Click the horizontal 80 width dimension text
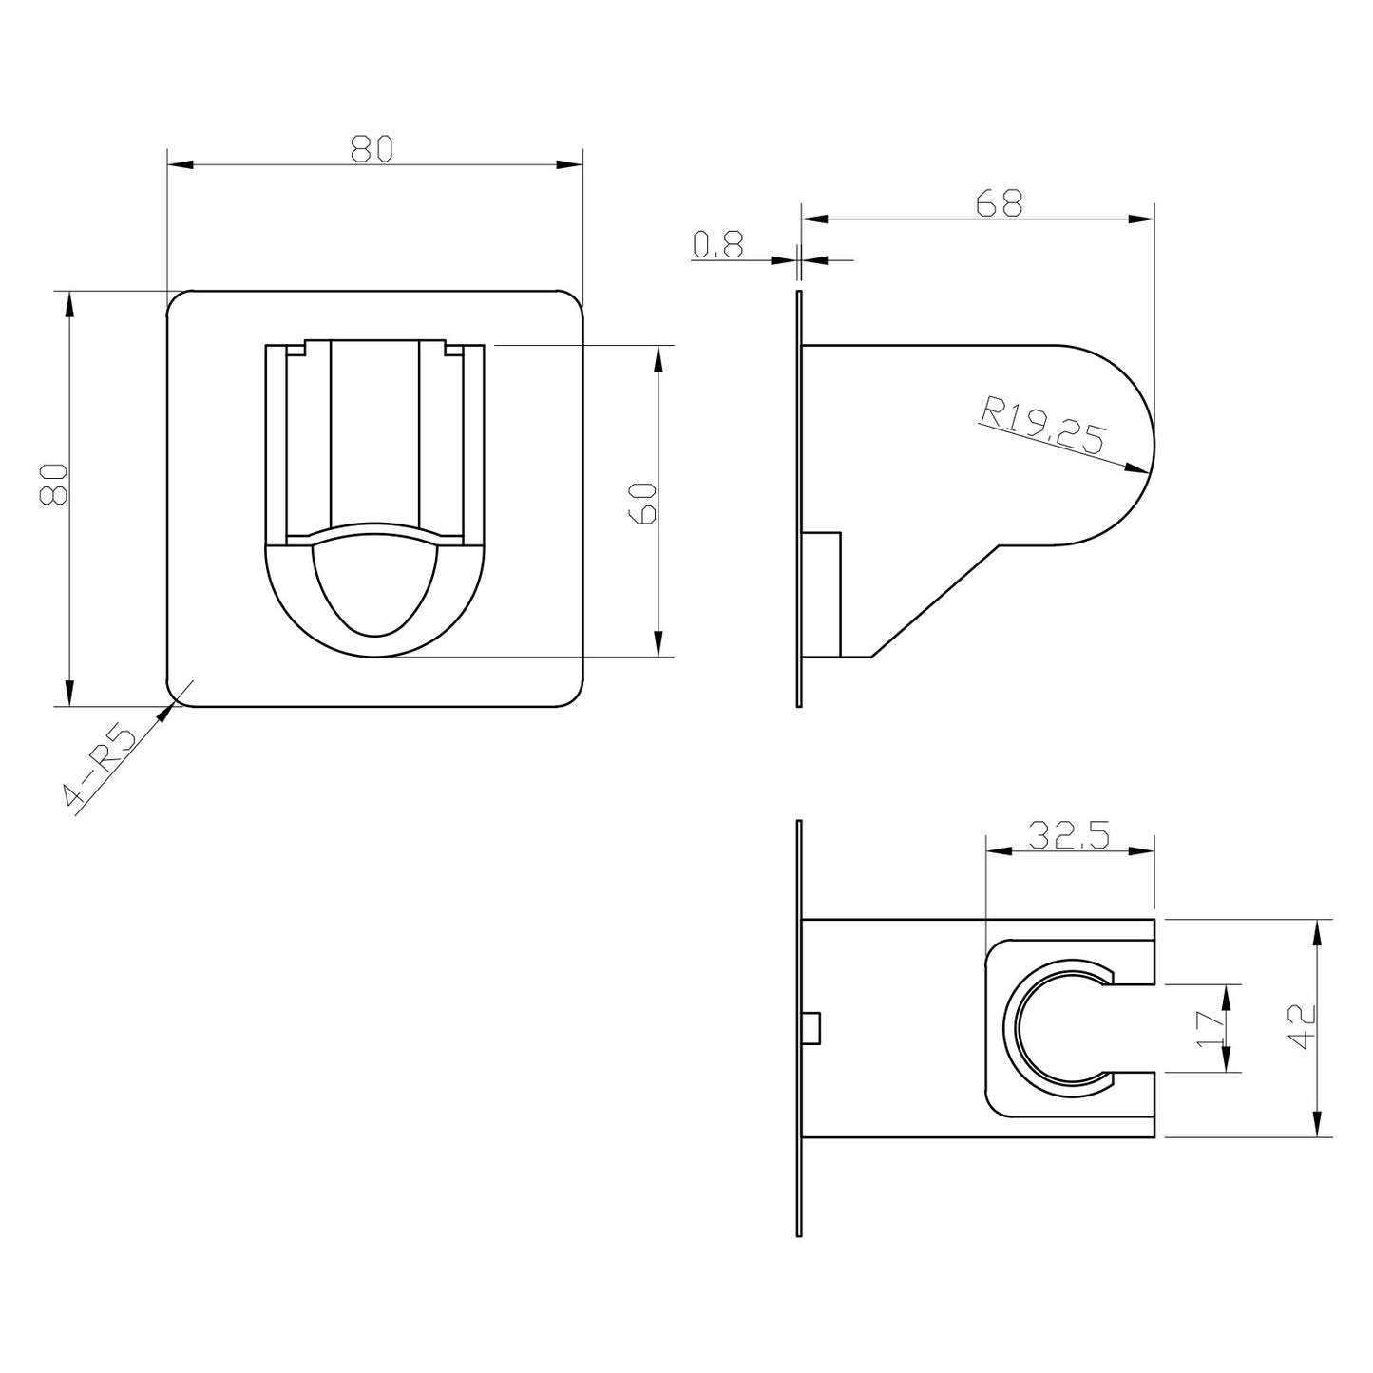[x=372, y=149]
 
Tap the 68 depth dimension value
[x=999, y=203]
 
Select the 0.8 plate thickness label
[x=717, y=244]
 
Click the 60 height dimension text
[x=643, y=504]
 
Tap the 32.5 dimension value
[x=1069, y=836]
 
